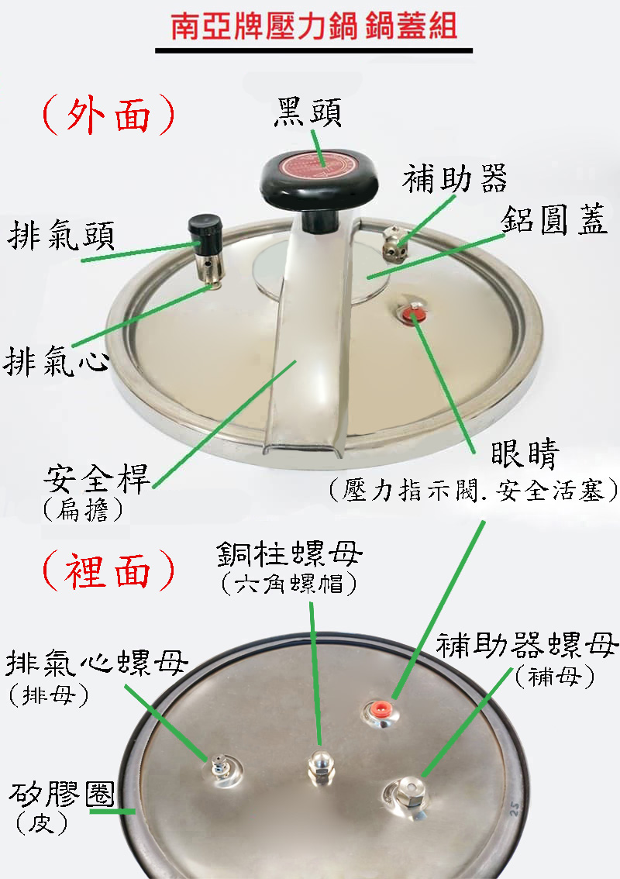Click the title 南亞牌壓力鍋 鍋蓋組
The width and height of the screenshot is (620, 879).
[314, 27]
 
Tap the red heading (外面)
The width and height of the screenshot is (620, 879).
[108, 115]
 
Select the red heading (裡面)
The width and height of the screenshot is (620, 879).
[108, 570]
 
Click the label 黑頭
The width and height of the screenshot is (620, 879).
[307, 112]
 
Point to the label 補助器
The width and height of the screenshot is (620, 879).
[455, 179]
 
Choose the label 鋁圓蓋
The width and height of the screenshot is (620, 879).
[554, 219]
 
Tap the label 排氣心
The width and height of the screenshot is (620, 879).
[56, 360]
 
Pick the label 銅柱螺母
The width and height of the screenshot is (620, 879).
[289, 554]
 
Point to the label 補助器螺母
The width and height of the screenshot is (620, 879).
[527, 645]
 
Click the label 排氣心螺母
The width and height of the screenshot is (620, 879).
[97, 664]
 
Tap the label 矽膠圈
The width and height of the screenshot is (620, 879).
[62, 795]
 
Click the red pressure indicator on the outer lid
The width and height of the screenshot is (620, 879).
[412, 315]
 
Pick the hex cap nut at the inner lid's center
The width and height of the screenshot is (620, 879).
[321, 766]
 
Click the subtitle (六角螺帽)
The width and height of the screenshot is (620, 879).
[289, 584]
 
